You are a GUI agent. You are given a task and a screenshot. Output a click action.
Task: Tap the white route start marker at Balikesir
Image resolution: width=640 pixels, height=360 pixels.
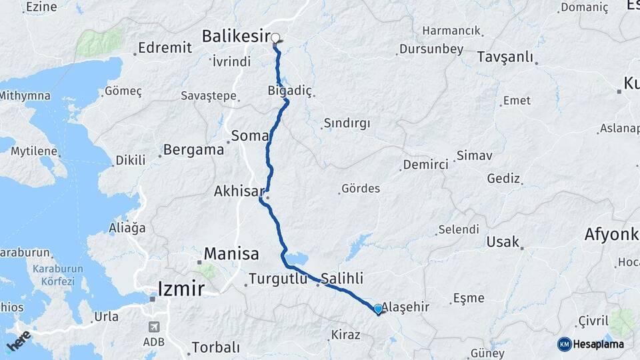point(275,38)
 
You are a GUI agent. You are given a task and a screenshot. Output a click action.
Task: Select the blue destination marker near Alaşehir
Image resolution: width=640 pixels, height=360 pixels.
point(378,309)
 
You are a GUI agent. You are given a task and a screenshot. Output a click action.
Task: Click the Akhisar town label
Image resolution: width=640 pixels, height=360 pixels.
point(236,191)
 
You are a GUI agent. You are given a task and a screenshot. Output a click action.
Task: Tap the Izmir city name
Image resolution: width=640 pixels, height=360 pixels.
point(180,289)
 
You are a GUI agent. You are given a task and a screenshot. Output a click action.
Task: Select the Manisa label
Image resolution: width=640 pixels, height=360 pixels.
point(231,254)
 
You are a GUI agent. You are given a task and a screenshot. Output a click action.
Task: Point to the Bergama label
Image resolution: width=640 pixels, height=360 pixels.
point(193,149)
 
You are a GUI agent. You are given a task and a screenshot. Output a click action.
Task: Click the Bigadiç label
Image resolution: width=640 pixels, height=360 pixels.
point(289,90)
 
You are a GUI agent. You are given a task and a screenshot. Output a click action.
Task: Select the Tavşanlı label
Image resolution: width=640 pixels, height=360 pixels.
point(505,57)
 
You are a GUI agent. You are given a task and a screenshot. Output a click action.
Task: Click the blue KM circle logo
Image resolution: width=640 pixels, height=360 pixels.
point(564,344)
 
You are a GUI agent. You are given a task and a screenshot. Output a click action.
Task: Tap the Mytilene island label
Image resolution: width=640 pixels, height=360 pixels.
point(33,151)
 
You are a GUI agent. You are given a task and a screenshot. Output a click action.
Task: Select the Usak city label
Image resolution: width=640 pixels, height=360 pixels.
point(502,241)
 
